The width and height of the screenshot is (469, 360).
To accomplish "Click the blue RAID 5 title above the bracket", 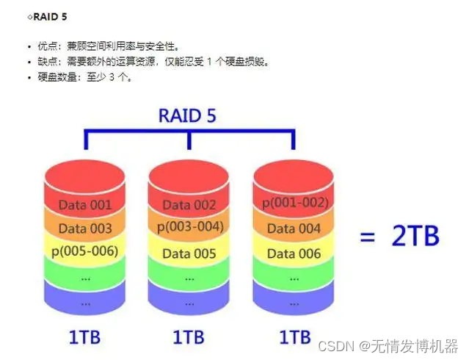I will (188, 116).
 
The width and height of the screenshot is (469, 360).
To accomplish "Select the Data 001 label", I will (85, 205).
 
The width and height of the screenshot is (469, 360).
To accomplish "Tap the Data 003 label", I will (85, 228).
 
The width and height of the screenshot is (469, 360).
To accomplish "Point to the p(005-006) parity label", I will (85, 252).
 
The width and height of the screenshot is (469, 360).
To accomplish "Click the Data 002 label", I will (189, 205).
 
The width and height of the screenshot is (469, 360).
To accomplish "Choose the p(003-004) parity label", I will (189, 226).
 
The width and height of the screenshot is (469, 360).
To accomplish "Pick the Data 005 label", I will (189, 253).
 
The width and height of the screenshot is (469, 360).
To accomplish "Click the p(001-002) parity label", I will (294, 202).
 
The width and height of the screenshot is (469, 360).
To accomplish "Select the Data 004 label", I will (294, 228).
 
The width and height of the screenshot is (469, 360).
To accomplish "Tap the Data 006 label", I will (294, 253).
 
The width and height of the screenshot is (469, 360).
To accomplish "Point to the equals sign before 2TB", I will (368, 237).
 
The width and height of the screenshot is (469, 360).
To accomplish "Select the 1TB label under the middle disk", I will (189, 337).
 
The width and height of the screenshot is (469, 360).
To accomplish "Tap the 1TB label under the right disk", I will (294, 337).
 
